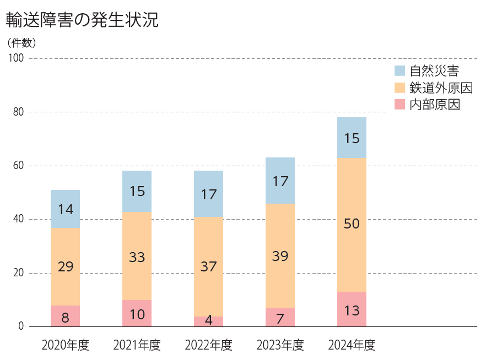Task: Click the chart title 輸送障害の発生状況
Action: tap(82, 20)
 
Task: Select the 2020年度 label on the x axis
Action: tap(65, 345)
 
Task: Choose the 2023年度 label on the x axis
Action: tap(280, 345)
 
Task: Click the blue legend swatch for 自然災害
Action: tap(400, 70)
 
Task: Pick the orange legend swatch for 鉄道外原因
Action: tap(400, 88)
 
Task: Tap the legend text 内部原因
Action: tap(434, 105)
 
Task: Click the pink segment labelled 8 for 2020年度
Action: tap(65, 316)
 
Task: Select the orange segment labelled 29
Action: tap(65, 266)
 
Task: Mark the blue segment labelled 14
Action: tap(65, 209)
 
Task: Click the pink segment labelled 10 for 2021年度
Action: tap(137, 313)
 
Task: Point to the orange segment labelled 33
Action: tap(137, 256)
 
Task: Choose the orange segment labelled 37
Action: tap(208, 266)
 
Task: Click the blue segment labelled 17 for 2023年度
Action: tap(280, 181)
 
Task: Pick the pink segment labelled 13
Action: tap(352, 309)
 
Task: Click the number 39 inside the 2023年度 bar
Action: tap(280, 256)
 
